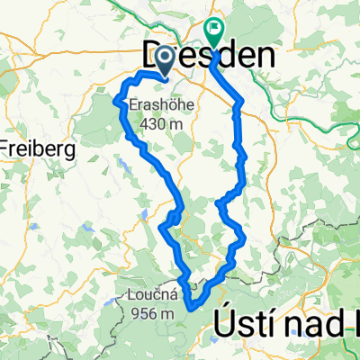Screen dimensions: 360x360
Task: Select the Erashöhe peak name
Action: click(x=159, y=103)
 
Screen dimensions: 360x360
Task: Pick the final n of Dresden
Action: click(x=265, y=57)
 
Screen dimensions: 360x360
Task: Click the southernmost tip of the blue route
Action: click(x=192, y=308)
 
